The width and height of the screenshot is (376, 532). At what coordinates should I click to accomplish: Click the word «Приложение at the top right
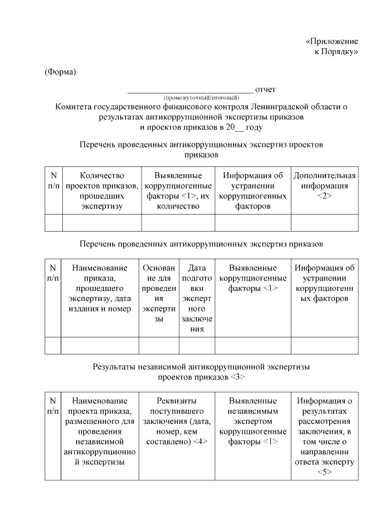point(332,42)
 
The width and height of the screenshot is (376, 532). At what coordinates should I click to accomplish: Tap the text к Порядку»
point(337,52)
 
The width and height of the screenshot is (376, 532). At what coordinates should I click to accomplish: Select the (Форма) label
point(61,72)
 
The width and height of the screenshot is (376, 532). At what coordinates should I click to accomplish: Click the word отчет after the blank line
point(266,89)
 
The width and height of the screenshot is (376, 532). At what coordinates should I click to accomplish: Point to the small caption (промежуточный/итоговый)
point(202,97)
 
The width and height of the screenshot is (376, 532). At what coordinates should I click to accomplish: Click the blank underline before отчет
point(190,92)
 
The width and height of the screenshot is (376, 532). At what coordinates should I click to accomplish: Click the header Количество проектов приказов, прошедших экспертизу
point(102,190)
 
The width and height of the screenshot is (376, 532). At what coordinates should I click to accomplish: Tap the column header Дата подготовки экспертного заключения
point(197,298)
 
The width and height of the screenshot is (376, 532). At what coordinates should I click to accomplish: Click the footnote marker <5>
point(324,472)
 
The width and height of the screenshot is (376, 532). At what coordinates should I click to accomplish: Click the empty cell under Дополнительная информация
point(324,223)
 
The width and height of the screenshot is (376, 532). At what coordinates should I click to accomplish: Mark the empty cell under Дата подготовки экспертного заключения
point(197,346)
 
